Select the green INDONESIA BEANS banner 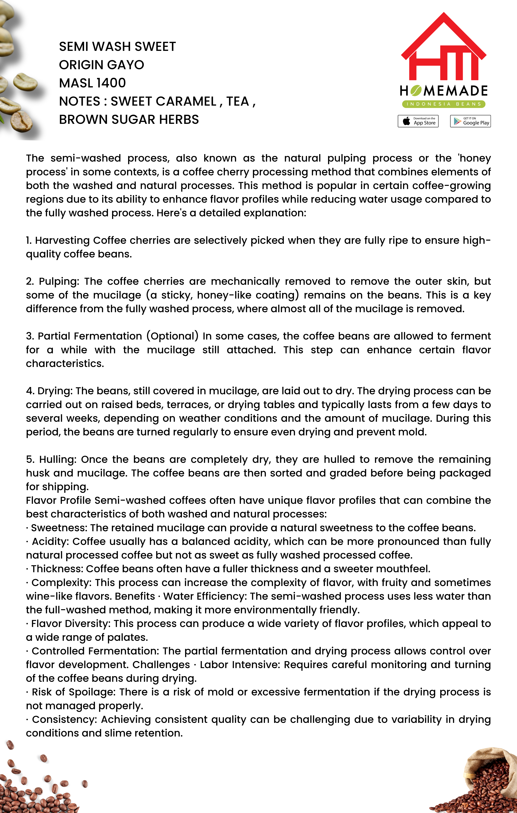coord(443,104)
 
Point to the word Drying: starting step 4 coord(55,391)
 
